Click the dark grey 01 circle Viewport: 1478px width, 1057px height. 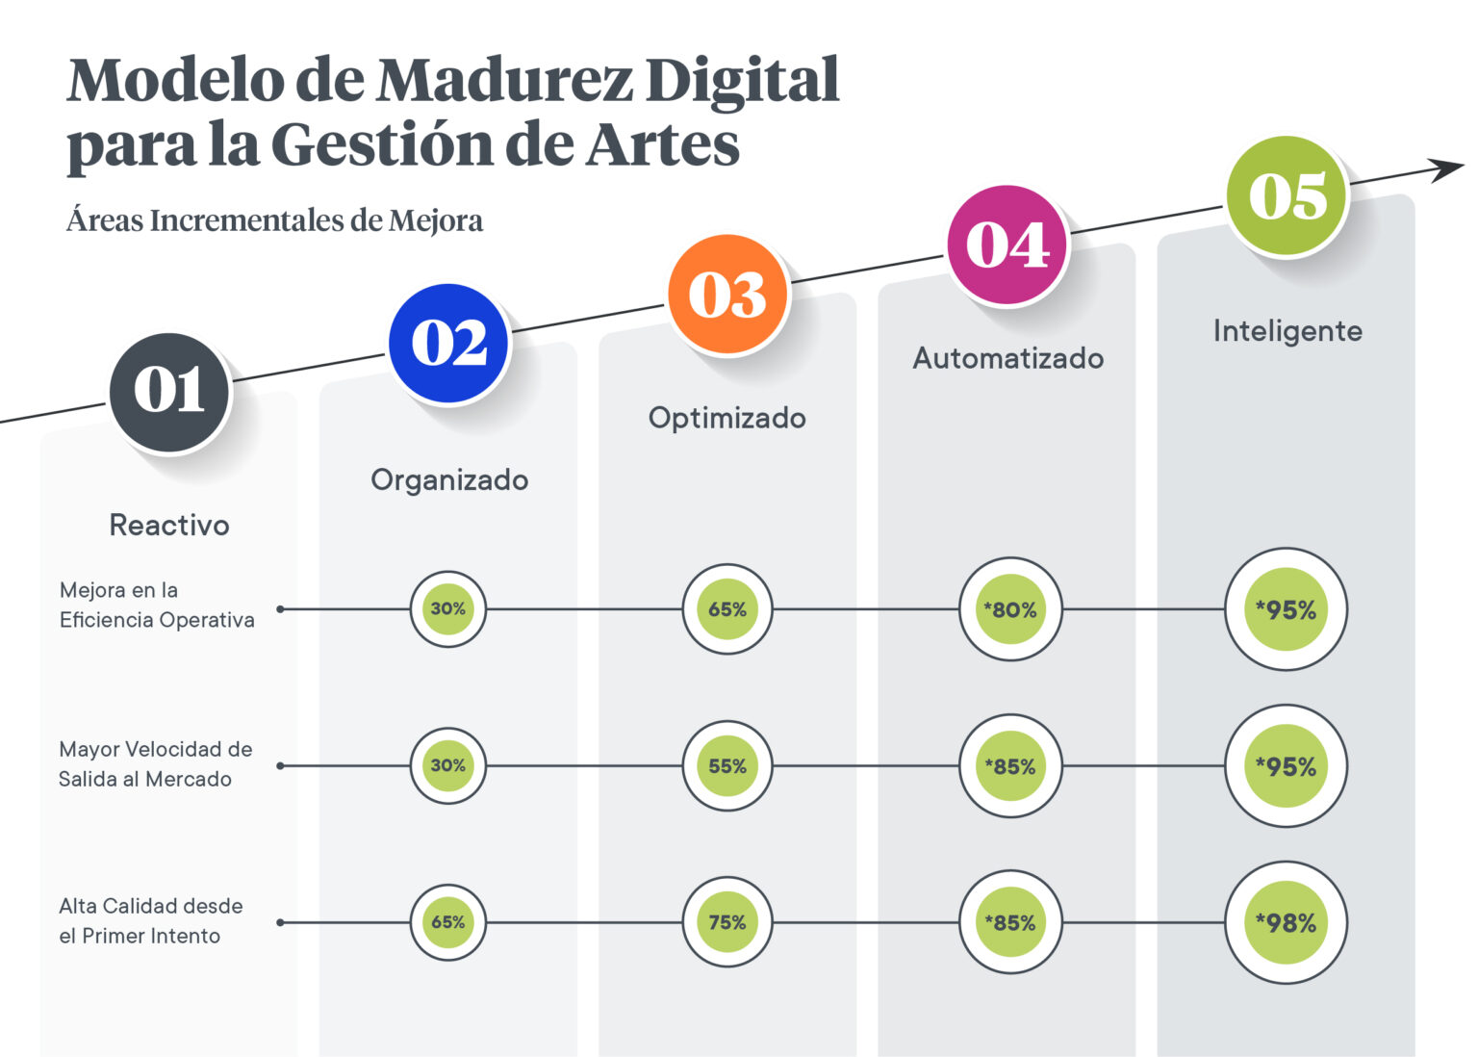(x=169, y=392)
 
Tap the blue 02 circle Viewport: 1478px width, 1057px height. (x=449, y=343)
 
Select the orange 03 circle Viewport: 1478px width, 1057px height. (x=727, y=295)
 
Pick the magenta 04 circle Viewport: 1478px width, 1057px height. (x=1007, y=245)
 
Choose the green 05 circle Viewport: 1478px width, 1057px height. (x=1287, y=196)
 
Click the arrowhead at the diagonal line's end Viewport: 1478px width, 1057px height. (x=1448, y=169)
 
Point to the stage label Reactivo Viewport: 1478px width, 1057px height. (x=169, y=525)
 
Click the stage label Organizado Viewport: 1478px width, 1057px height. (x=449, y=479)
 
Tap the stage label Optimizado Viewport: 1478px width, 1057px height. (x=727, y=418)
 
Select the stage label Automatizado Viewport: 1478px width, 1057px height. (x=1007, y=358)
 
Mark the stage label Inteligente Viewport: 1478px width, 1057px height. (x=1287, y=331)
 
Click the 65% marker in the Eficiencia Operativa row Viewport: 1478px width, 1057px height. (x=727, y=609)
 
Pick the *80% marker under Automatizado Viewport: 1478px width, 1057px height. (x=1010, y=609)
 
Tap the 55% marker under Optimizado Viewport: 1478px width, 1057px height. (x=727, y=766)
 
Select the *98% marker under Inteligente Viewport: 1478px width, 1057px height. (x=1286, y=922)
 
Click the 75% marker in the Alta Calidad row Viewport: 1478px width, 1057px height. (x=727, y=922)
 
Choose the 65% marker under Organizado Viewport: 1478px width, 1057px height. (x=448, y=922)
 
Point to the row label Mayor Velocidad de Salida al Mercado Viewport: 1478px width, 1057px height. (x=155, y=763)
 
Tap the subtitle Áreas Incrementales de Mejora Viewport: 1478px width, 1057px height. (x=274, y=220)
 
